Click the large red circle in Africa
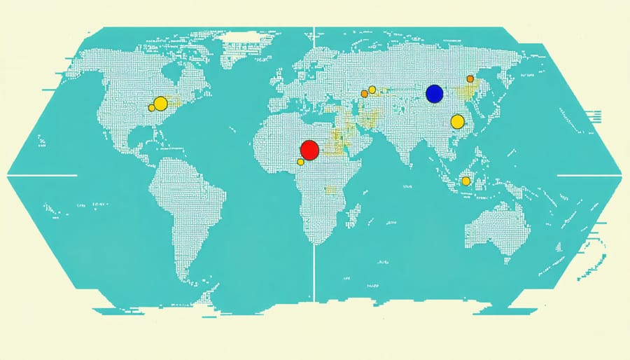tap(309, 149)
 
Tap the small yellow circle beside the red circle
tap(301, 162)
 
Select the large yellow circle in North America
tap(161, 104)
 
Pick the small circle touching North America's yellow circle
tap(151, 108)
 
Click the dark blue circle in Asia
tap(435, 93)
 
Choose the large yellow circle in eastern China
tap(458, 122)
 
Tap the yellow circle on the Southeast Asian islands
tap(466, 181)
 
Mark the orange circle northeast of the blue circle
tap(470, 78)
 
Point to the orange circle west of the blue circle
tap(364, 93)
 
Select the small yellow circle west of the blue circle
tap(372, 90)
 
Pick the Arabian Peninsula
tap(353, 140)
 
